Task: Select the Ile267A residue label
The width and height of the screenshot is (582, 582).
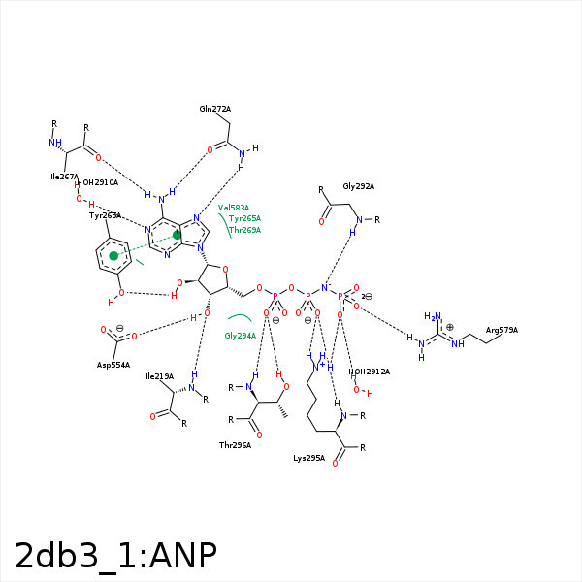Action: [x=64, y=177]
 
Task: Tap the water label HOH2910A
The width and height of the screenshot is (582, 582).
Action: [x=97, y=182]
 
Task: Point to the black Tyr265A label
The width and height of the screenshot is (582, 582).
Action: [x=105, y=215]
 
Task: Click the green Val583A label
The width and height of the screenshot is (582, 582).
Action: [x=233, y=208]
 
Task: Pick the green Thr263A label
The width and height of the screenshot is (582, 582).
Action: [x=244, y=230]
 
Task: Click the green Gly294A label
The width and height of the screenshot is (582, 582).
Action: [x=240, y=336]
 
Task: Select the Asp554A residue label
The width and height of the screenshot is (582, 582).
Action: [x=113, y=365]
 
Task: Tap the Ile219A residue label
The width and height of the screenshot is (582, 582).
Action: [x=159, y=376]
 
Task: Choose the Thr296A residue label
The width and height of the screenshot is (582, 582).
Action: [x=235, y=445]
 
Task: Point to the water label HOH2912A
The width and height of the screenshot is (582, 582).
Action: [x=369, y=372]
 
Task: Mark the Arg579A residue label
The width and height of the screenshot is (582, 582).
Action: [x=501, y=330]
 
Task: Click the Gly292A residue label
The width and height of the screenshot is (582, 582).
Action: [x=358, y=186]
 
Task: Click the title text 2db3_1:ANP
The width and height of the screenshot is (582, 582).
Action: [x=115, y=555]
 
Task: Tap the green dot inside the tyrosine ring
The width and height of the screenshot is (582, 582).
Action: [x=113, y=256]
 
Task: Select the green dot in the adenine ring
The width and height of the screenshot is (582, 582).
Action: [x=177, y=235]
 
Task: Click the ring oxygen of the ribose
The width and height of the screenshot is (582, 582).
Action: [x=225, y=270]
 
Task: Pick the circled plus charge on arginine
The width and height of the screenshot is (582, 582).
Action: [x=449, y=327]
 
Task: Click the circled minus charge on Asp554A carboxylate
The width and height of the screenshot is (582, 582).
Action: [x=119, y=327]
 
